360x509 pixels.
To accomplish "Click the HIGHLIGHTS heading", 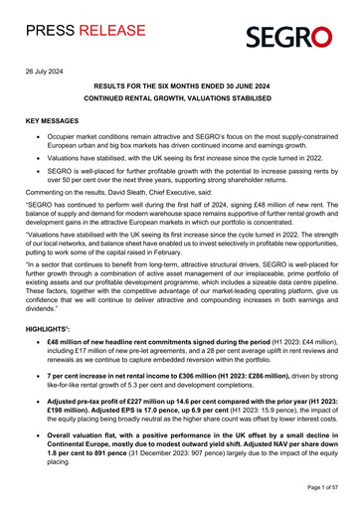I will coord(52,326).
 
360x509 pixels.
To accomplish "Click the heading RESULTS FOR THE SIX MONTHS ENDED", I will coord(179,88).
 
